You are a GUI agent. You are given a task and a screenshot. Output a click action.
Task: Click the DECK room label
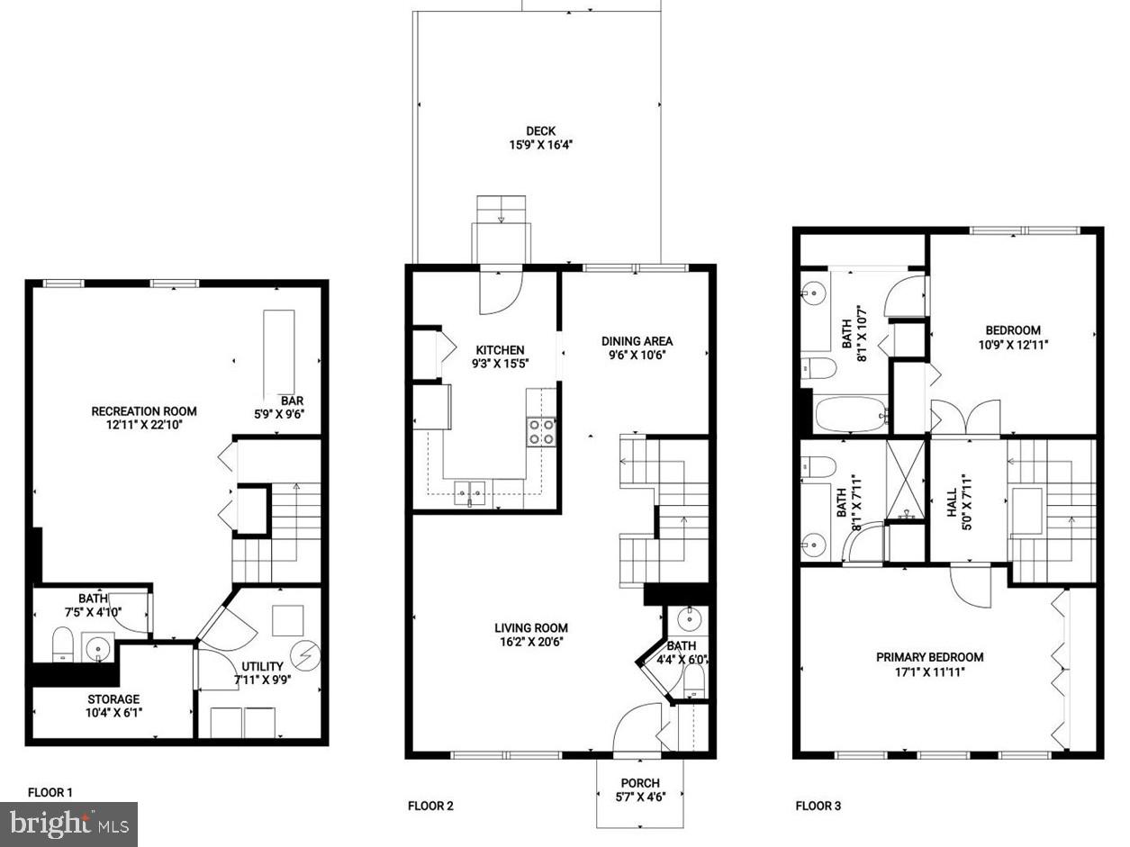coord(540,131)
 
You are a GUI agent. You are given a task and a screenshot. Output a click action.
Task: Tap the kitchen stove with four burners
coord(541,432)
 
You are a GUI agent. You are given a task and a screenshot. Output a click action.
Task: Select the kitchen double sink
coord(470,492)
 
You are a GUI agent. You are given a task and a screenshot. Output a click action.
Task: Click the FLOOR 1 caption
coord(50,793)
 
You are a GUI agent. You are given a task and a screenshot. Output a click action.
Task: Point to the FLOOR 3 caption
coord(818,806)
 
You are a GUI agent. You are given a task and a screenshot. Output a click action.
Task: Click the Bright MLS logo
coord(68,824)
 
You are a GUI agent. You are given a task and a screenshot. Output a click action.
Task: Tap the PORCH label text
coord(640,783)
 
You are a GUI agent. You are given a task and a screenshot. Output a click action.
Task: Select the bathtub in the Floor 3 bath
coord(850,415)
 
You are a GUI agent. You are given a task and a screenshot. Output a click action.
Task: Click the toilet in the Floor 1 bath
coord(62,645)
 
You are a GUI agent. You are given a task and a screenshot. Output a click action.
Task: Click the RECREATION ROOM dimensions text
coord(144,426)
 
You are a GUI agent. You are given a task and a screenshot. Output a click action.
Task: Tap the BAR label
coord(291,401)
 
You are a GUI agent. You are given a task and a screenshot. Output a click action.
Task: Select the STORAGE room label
coord(113,699)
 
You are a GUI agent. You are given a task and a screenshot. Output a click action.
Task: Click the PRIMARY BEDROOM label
coord(929,657)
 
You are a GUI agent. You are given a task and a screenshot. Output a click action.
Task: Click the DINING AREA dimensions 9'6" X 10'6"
coord(637,356)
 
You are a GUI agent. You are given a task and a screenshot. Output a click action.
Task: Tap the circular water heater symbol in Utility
coord(308,655)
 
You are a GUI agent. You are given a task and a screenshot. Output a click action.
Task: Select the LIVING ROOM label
coord(531,628)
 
